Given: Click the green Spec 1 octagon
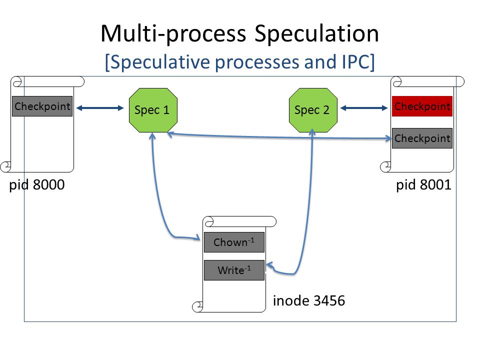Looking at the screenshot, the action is click(x=153, y=110).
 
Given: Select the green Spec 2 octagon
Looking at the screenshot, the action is click(x=313, y=110).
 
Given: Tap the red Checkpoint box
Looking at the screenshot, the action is click(x=422, y=106).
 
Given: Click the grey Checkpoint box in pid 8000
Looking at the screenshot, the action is click(x=42, y=106).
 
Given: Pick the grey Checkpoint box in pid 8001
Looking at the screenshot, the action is click(x=422, y=138).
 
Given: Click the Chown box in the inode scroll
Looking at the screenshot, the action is click(x=234, y=242).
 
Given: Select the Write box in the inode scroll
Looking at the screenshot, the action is click(x=234, y=270).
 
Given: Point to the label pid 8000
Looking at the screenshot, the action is click(x=37, y=185).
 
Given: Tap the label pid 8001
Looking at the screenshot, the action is click(x=423, y=185).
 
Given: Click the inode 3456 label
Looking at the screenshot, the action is click(x=309, y=300).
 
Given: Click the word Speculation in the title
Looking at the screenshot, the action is click(x=317, y=33).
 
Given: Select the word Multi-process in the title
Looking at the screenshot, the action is click(x=173, y=33).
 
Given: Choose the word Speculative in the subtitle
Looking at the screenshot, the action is click(x=158, y=62).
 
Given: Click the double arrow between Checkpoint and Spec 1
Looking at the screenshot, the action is click(x=100, y=108).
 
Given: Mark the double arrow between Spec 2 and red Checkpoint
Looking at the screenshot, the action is click(x=364, y=108).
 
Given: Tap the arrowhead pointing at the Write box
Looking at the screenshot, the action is click(x=270, y=266).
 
